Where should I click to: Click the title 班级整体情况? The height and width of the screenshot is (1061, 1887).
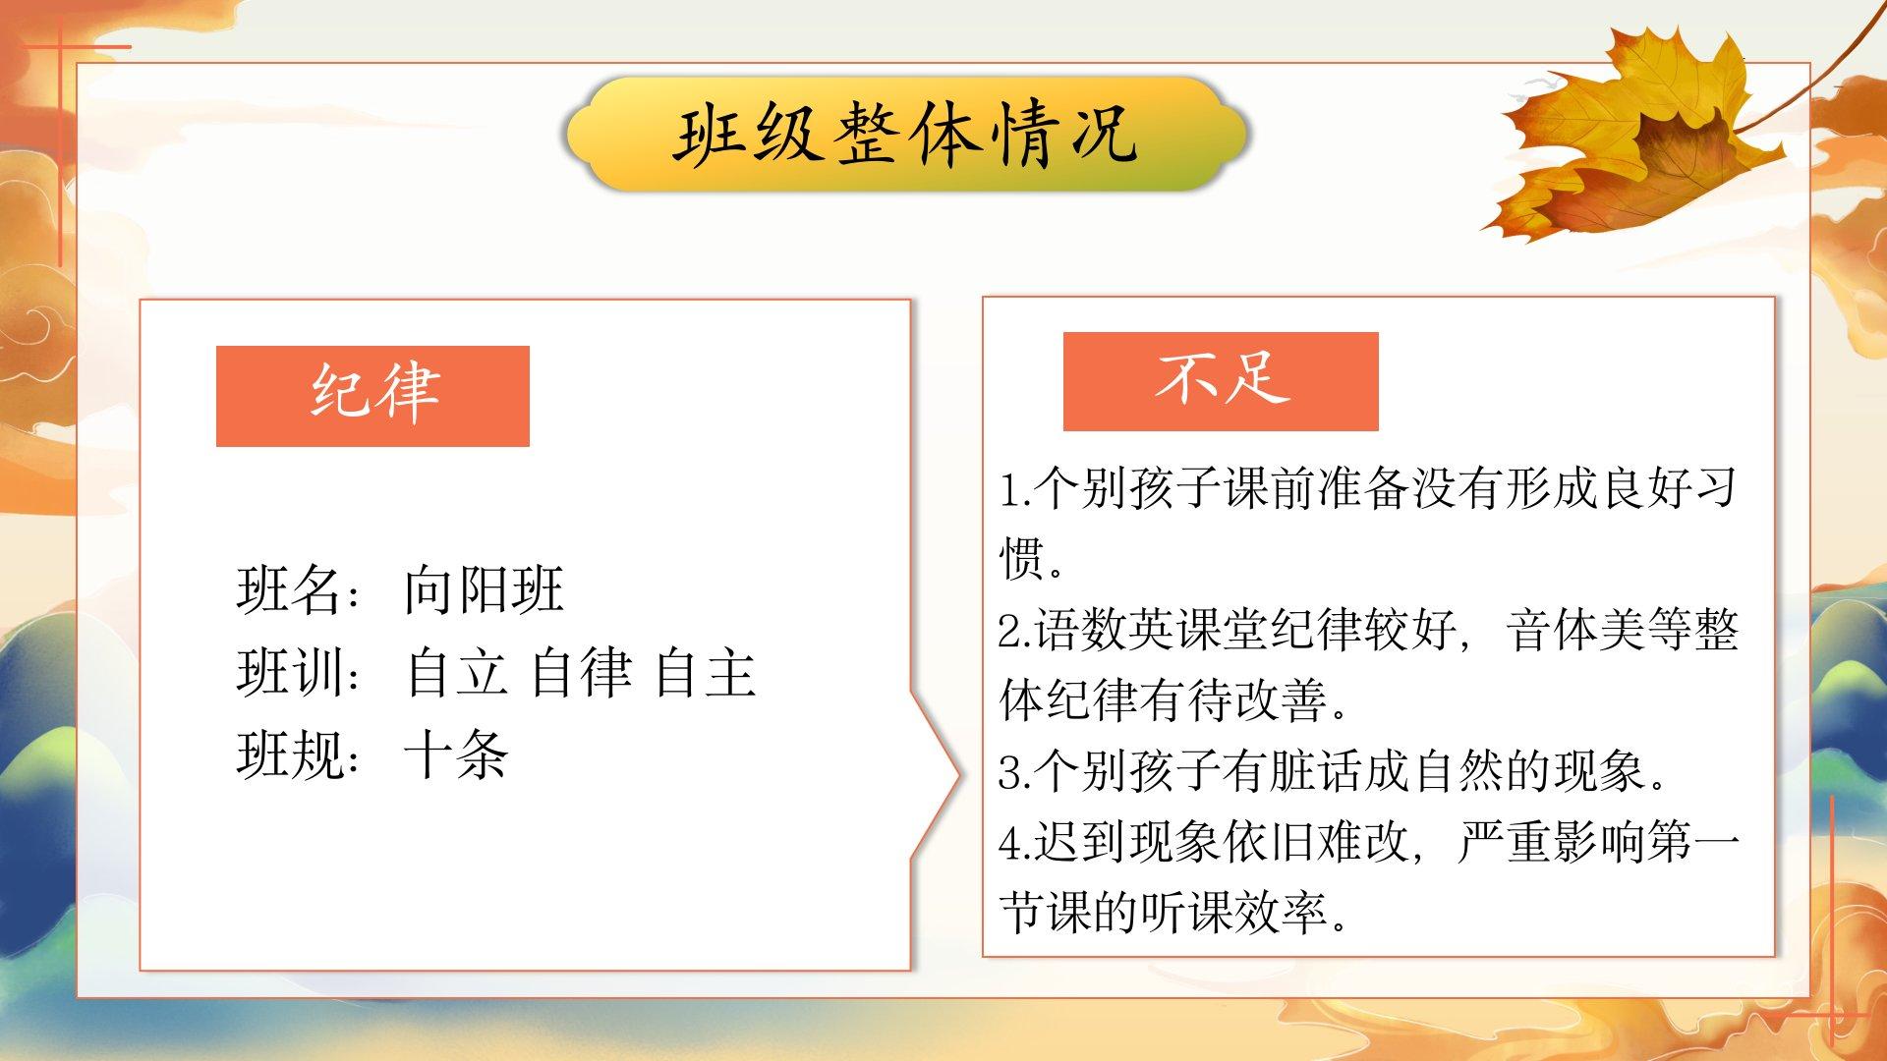tap(905, 135)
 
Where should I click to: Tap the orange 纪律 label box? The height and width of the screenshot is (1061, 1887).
tap(372, 396)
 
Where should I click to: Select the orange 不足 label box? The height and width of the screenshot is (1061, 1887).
tap(1221, 381)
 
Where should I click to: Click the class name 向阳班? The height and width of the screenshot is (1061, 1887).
tap(484, 590)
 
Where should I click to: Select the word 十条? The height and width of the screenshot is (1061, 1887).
tap(456, 755)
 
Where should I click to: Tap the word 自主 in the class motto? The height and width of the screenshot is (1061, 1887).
tap(705, 673)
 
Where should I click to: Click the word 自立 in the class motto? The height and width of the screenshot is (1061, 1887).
tap(456, 673)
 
